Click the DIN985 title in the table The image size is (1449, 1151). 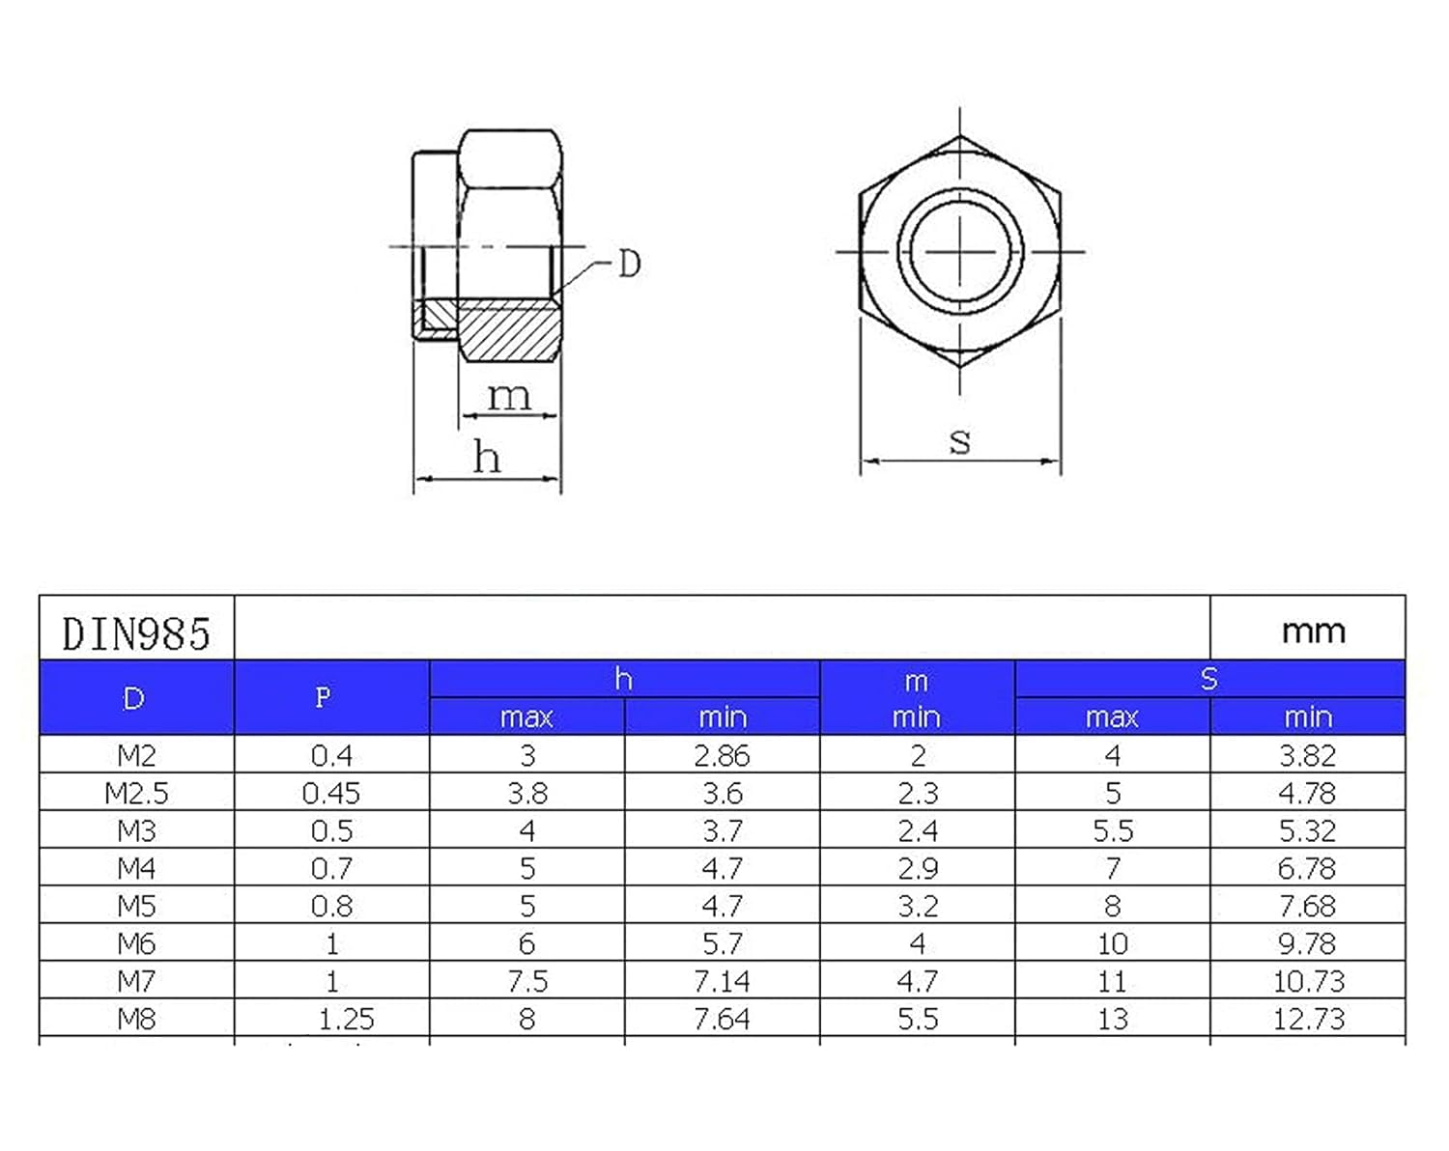[136, 634]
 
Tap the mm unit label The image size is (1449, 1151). [1313, 631]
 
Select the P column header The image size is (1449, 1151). [323, 697]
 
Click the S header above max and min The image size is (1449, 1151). [1208, 679]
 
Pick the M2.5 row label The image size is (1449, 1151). [136, 793]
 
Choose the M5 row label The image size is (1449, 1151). [136, 906]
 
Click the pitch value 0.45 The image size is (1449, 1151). [331, 793]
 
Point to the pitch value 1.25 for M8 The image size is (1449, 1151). [345, 1019]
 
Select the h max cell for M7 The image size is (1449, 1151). [527, 981]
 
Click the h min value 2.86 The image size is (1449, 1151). [722, 755]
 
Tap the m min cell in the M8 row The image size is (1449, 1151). [917, 1019]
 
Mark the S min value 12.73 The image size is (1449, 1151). [1308, 1019]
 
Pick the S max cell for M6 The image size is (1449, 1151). [1112, 943]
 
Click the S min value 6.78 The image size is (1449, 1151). [1307, 868]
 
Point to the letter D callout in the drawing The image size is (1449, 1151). [629, 264]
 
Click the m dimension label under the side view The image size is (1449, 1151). [508, 396]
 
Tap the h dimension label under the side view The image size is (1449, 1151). [487, 457]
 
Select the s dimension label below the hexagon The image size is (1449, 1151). [959, 440]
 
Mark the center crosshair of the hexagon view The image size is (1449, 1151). [959, 251]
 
